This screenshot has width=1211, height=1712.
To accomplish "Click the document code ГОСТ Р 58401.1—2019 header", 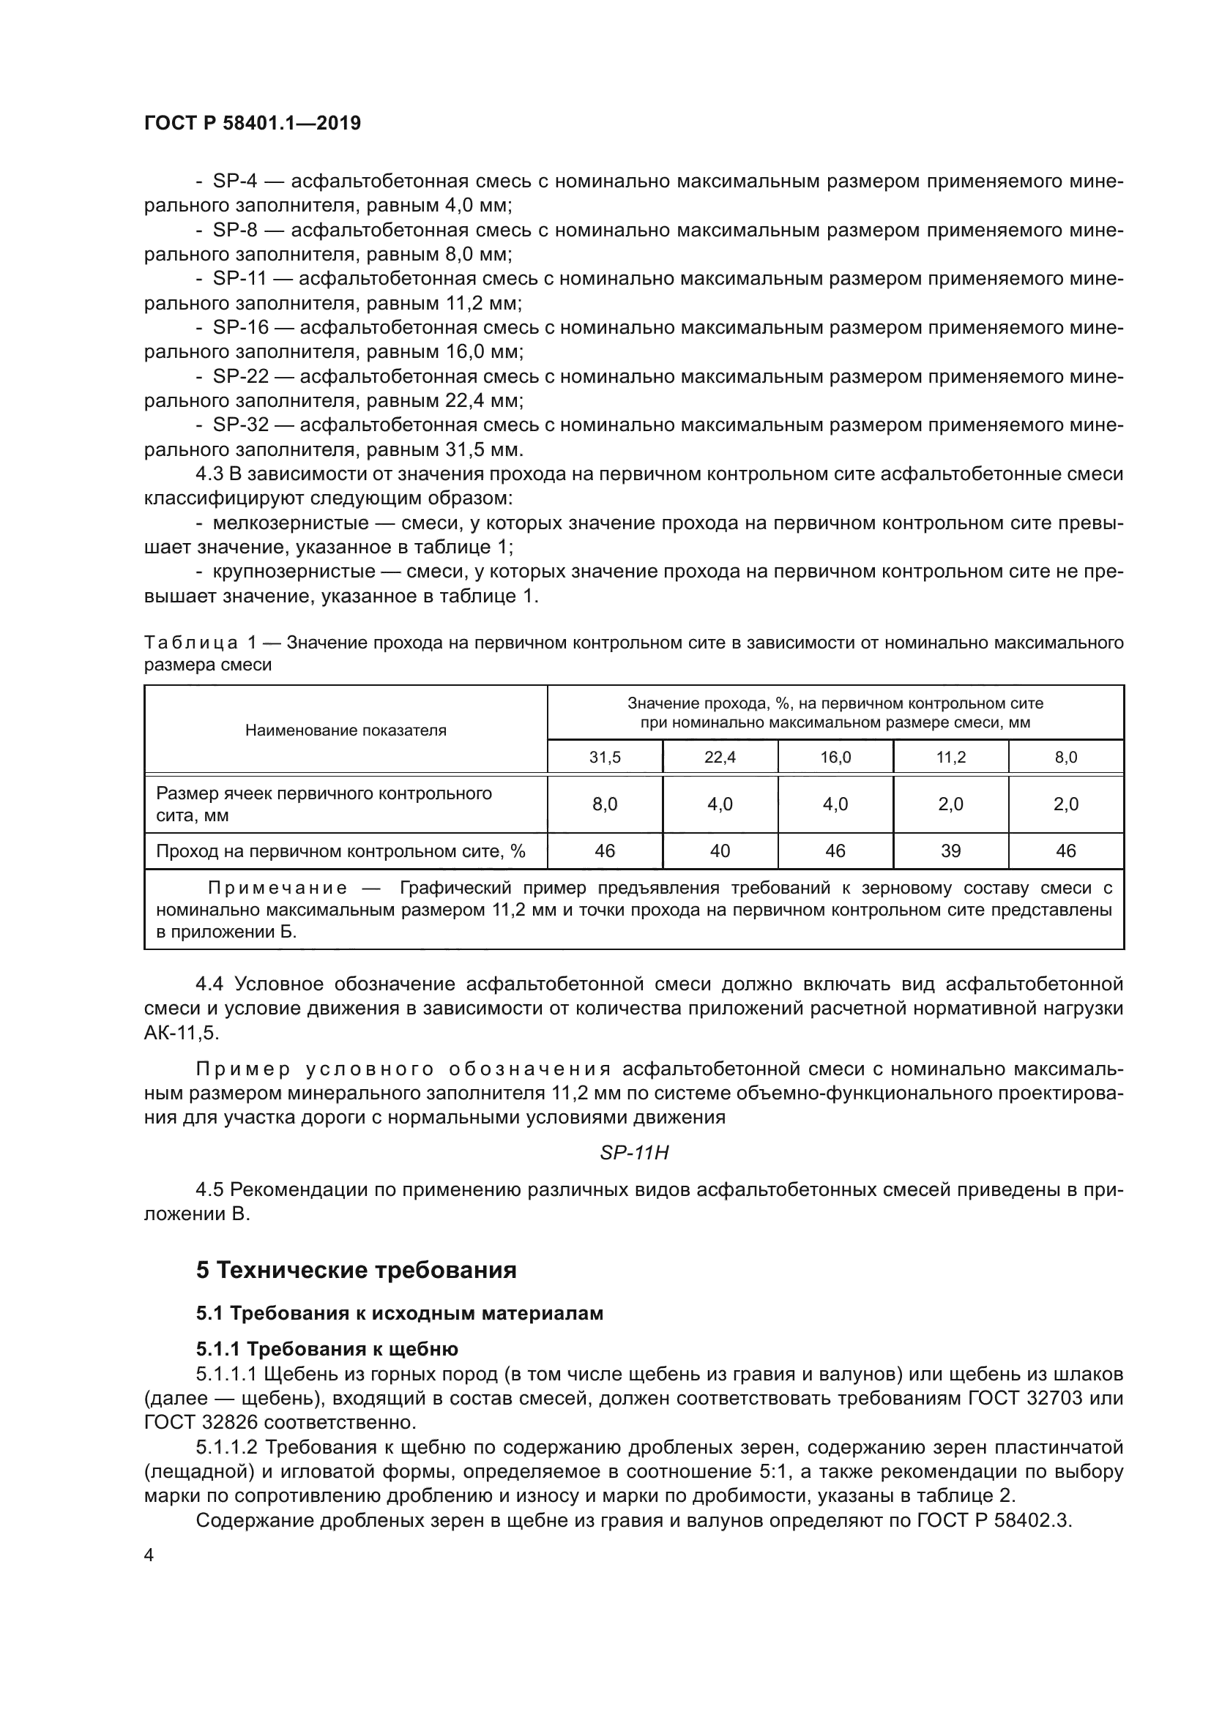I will click(252, 123).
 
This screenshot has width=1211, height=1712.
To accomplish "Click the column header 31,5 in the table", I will click(605, 758).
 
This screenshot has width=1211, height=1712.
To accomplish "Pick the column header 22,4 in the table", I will click(720, 758).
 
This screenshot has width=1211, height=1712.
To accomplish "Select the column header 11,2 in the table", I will click(951, 758).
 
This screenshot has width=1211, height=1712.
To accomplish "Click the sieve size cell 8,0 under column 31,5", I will click(605, 804).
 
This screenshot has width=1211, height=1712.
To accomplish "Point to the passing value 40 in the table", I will click(720, 851).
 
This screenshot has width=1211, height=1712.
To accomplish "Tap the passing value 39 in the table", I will click(951, 851).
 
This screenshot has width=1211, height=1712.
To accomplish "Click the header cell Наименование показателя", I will click(346, 730).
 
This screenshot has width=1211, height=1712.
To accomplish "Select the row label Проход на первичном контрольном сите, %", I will click(340, 851).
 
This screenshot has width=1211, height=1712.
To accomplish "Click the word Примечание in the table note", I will click(277, 887).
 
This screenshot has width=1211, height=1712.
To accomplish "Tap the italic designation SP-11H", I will click(634, 1153).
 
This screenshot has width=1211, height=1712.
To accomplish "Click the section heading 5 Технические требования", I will click(357, 1270).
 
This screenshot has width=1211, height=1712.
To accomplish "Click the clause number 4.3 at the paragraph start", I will click(209, 474).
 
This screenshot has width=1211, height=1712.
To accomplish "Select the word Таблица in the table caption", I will click(191, 643).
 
